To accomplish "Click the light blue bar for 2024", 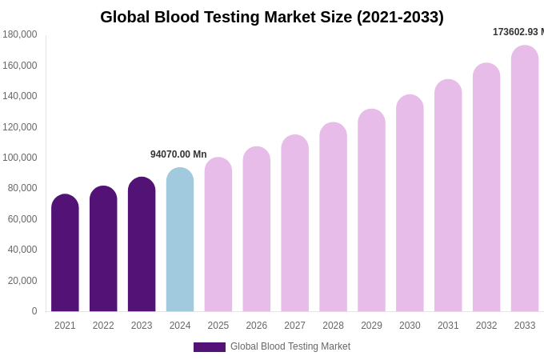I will (x=180, y=240).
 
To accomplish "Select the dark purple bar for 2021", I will (x=65, y=253).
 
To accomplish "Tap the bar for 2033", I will (x=525, y=178).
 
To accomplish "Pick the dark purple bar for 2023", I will (x=142, y=244).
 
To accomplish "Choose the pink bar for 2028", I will (x=333, y=217).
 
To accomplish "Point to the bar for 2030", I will (x=410, y=203).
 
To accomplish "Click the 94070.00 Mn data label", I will (x=178, y=154).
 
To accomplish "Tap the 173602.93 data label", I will (x=517, y=32).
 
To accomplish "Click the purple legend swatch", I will (x=209, y=347).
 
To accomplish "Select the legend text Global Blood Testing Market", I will (x=290, y=346).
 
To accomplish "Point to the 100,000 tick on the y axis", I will (x=19, y=158).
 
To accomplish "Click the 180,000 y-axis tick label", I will (x=19, y=34).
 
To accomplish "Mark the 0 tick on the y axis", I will (x=34, y=311).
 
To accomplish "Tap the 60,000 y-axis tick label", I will (x=22, y=219).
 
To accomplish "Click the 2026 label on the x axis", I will (x=257, y=326).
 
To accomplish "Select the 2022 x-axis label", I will (x=103, y=326).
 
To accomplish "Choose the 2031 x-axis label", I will (x=448, y=326).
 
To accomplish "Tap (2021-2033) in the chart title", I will (x=399, y=17).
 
